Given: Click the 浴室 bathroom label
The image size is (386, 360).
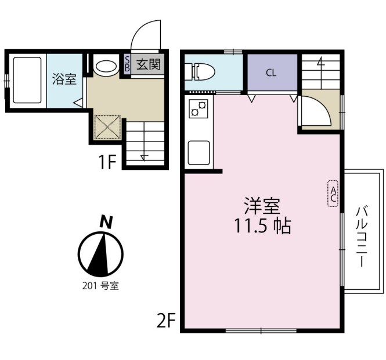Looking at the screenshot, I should pos(64,79).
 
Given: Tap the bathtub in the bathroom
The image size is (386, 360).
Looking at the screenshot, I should pos(27,79).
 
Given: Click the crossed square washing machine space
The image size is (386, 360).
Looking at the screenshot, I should pos(108,127).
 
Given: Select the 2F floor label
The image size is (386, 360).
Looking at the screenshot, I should pos(166,319).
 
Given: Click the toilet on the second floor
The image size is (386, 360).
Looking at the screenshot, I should pos(199,72).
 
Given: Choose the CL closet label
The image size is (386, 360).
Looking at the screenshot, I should pos(271,73).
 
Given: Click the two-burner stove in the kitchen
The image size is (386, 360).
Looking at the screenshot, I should pos(199,109).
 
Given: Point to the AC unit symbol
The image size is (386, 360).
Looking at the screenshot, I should pos(333,192).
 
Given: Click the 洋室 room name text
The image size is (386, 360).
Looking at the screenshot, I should pos(262,206).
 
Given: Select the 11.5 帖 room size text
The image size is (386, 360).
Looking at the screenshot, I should pos(262,226).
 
